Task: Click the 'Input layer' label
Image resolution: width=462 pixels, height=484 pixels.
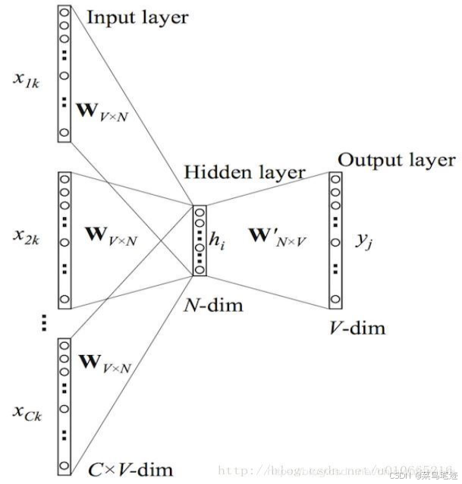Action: pos(137,17)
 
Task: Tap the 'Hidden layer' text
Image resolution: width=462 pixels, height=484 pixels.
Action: pos(244,172)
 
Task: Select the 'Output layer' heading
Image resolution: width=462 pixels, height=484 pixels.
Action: pos(396,160)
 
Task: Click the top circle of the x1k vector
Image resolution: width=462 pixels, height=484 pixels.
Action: pos(64,13)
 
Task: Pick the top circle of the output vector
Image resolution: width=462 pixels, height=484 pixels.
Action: pos(335,181)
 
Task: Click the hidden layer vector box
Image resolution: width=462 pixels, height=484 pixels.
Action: pos(200,240)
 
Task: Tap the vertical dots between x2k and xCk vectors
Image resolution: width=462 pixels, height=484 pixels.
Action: pos(44,324)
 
